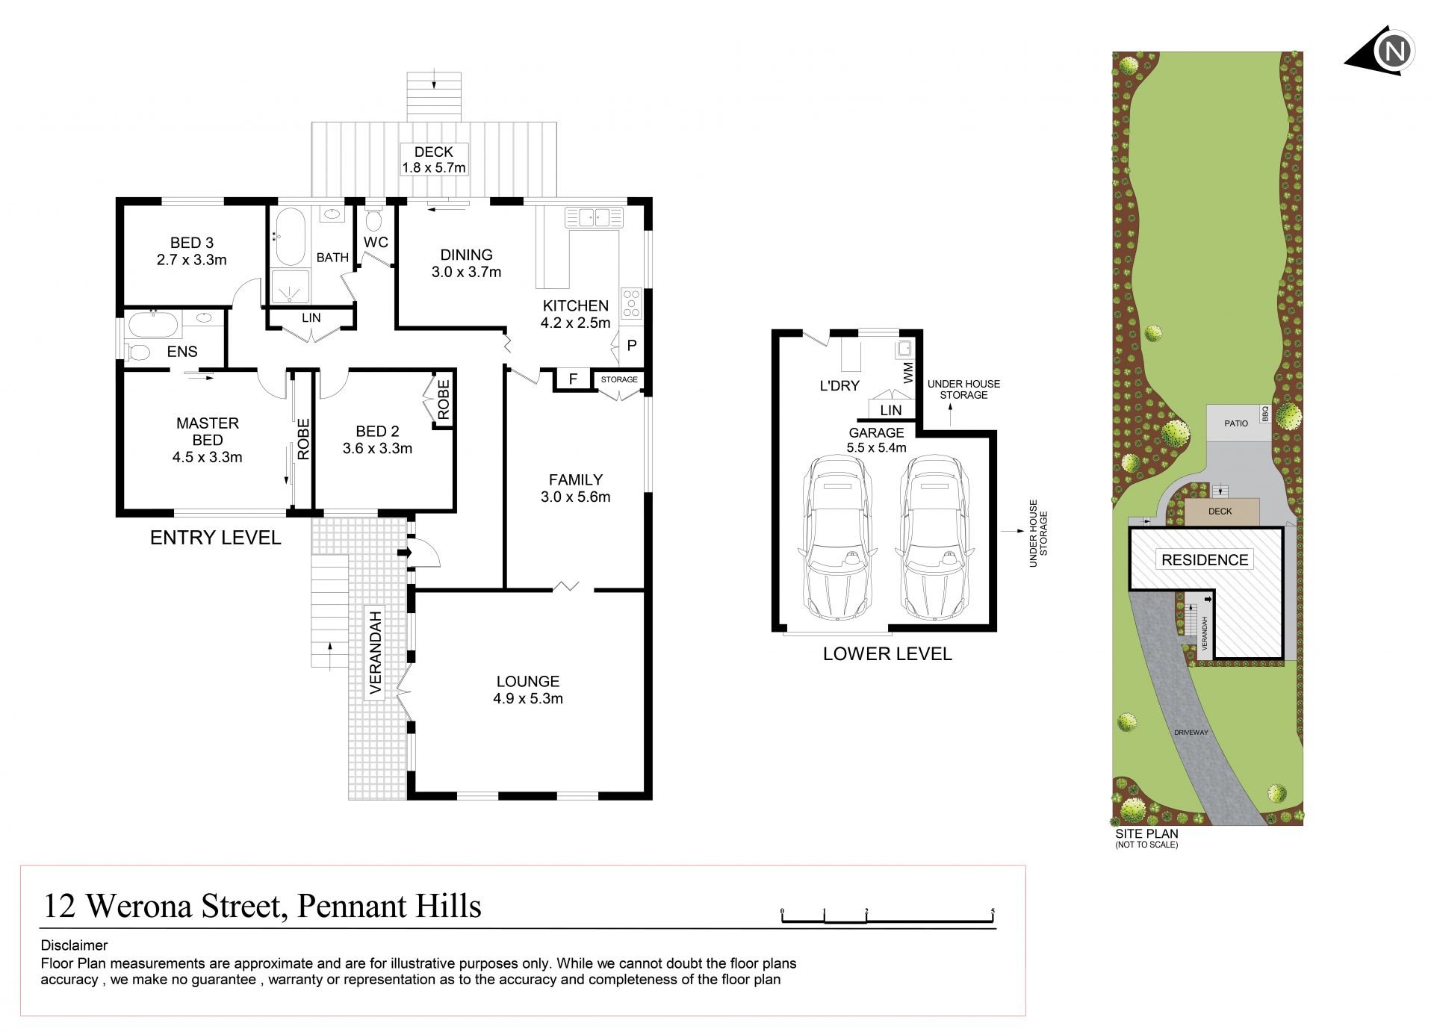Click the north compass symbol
click(1386, 52)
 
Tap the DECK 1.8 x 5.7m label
click(434, 160)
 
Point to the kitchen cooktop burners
click(631, 303)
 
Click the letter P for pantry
click(631, 346)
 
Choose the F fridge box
click(573, 379)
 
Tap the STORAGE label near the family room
click(619, 379)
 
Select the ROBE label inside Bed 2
click(444, 400)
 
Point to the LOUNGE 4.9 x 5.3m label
click(528, 690)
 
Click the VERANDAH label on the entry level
click(376, 653)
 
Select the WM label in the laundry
click(908, 373)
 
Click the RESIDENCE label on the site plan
click(1205, 560)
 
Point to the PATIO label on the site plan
click(1236, 423)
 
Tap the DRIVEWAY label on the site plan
click(1191, 733)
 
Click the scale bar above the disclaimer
click(888, 916)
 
